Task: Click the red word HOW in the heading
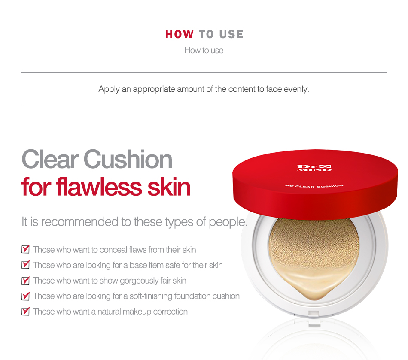click(x=180, y=34)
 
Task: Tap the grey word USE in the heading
click(x=231, y=34)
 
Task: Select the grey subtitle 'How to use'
click(x=204, y=51)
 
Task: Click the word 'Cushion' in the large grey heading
click(x=128, y=159)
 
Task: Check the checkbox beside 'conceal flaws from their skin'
click(x=25, y=249)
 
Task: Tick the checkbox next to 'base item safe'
click(x=25, y=265)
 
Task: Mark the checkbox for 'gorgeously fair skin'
click(x=25, y=281)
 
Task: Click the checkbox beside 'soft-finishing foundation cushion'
click(x=25, y=296)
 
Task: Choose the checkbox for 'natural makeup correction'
click(x=25, y=311)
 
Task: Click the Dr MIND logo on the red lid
click(x=314, y=168)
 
